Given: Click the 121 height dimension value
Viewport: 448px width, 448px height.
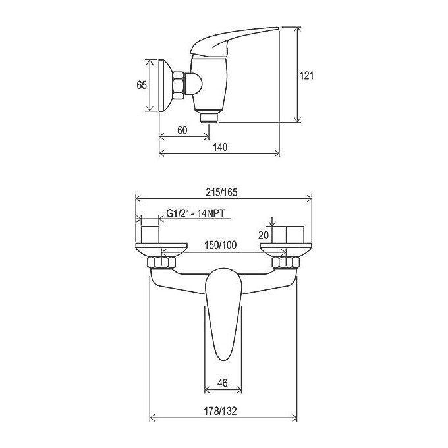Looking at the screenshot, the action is point(306,76).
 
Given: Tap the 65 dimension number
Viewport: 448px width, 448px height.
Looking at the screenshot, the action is point(142,85).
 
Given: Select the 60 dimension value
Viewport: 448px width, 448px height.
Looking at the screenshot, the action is point(182,130).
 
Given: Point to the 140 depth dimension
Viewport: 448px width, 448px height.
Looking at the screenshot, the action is point(220,147).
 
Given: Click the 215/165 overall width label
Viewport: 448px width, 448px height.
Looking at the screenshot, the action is point(222,192).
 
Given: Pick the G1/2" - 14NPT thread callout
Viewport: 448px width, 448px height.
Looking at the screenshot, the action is point(196,213).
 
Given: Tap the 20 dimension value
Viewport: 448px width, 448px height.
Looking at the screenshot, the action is point(264,235).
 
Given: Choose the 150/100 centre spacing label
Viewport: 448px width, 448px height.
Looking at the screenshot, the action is point(220,245).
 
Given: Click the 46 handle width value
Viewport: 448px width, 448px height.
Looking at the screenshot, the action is point(223,383).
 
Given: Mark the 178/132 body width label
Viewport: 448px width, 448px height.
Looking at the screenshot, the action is point(220,411).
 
